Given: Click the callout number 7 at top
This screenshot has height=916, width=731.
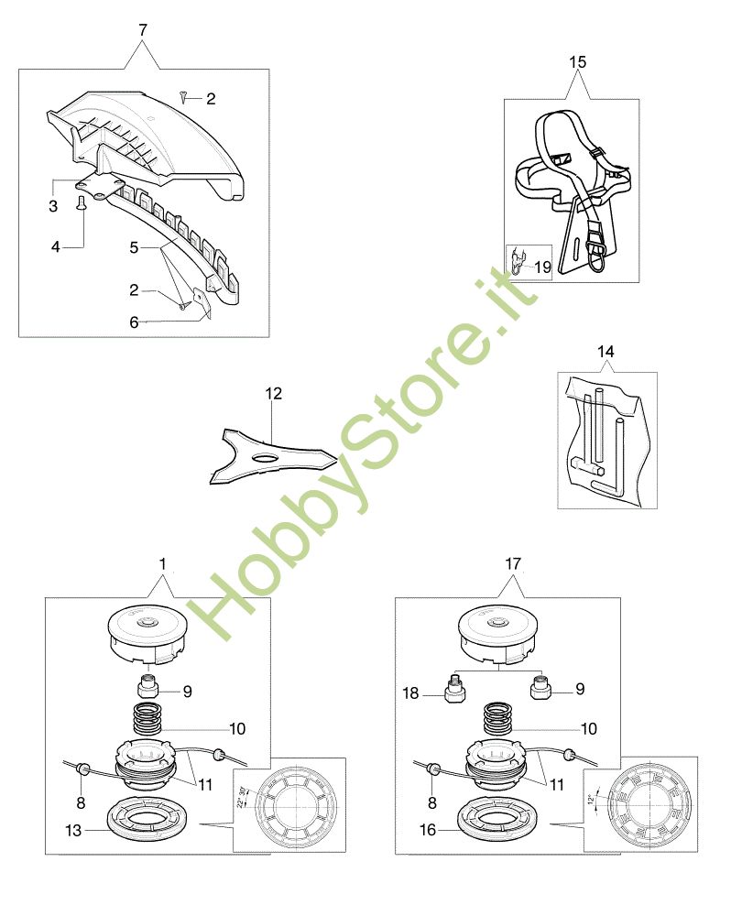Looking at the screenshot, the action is pos(142,30).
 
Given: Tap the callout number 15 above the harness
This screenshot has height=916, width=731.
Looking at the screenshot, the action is pos(577,62).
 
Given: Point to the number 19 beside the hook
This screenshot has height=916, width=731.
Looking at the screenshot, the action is pos(542,267).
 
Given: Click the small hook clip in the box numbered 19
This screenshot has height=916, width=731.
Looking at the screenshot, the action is pos(519,263).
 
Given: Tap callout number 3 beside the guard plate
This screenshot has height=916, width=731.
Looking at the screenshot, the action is pos(53,205).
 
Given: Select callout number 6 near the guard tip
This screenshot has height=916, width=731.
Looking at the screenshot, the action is pos(134,322).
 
